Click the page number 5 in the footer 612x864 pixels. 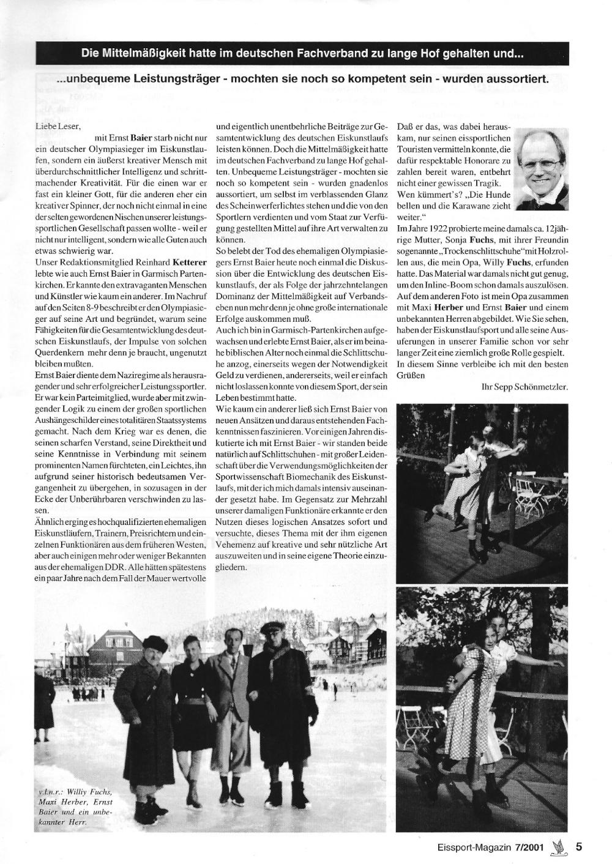(x=578, y=847)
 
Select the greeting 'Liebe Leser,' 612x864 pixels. (x=53, y=125)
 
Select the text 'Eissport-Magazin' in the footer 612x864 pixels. (x=455, y=847)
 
